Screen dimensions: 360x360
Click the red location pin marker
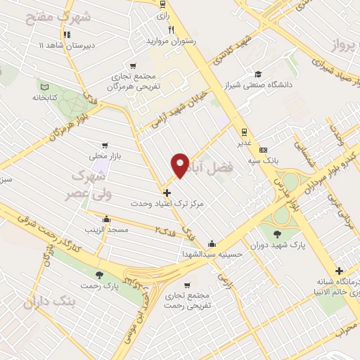coord(181,165)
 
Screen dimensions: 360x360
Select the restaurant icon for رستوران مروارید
coord(172,30)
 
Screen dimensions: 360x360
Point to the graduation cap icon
coord(259,74)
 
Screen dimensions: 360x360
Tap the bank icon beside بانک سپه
coord(264,149)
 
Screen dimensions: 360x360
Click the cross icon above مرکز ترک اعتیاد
coord(167,192)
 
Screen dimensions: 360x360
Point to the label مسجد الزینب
coord(106,230)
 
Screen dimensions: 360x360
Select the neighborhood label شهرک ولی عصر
coord(96,183)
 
